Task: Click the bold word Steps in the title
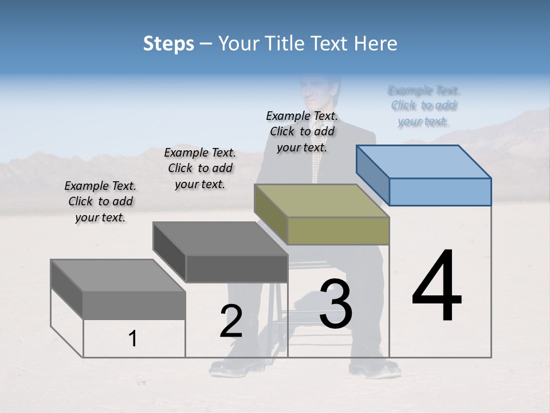click(168, 44)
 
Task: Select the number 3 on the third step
click(336, 304)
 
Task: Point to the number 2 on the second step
click(231, 321)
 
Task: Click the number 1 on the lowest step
click(133, 338)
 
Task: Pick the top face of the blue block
click(424, 161)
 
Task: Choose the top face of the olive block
click(321, 201)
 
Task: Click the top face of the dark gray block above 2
click(220, 239)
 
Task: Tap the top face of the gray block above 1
click(117, 276)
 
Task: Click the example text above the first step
click(100, 201)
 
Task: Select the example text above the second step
click(200, 168)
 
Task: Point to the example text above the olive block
click(302, 131)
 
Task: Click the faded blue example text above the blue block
click(424, 106)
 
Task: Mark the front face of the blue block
click(440, 192)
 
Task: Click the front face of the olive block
click(338, 231)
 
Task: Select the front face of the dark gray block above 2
click(237, 268)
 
